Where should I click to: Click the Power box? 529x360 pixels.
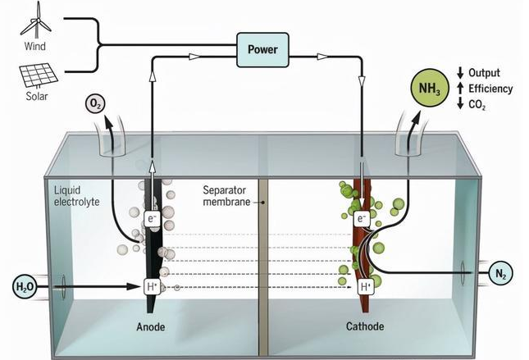(x=262, y=50)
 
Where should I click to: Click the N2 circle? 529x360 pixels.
(x=499, y=273)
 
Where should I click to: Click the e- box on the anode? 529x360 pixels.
(x=152, y=219)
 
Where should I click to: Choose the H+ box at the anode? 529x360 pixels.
(x=152, y=286)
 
